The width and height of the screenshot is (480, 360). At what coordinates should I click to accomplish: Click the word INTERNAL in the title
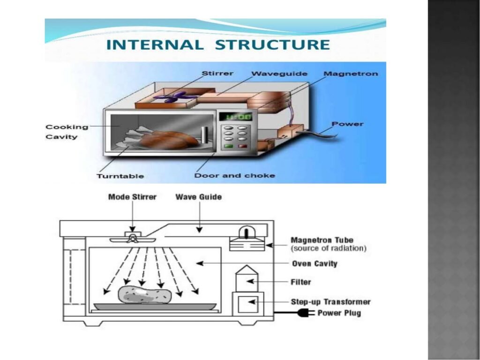point(155,45)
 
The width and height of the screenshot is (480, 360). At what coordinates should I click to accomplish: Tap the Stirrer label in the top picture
point(217,74)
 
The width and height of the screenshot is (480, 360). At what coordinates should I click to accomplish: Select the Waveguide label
point(279,74)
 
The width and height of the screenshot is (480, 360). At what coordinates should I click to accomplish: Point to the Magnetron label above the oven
point(351,74)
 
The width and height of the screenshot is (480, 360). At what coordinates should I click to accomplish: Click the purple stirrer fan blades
point(176,97)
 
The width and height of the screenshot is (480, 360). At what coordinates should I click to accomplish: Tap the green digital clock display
point(236,116)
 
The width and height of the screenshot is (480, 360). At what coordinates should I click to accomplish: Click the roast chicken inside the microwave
point(166,139)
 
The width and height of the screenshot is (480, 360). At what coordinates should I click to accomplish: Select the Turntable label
point(120,176)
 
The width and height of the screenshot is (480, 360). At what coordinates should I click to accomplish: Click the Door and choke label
point(234,176)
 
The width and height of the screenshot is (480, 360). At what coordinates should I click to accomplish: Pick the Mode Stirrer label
point(132,197)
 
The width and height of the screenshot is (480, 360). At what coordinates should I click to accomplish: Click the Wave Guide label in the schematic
point(199,197)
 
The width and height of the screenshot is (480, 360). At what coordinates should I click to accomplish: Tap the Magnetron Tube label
point(322,240)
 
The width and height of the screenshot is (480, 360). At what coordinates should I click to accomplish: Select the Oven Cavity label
point(315,263)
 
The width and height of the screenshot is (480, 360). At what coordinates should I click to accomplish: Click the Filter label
point(301,282)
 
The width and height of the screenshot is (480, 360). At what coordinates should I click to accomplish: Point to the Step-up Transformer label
point(330,302)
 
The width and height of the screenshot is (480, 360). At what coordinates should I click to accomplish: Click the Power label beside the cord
point(347,124)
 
